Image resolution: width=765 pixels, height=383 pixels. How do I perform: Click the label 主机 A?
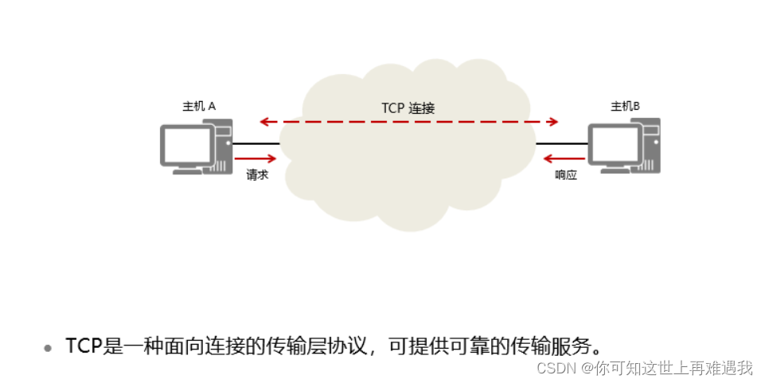199,106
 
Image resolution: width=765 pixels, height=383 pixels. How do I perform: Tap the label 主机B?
625,106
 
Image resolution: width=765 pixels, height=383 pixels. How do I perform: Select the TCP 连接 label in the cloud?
408,108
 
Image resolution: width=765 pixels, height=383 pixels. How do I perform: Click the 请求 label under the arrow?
256,174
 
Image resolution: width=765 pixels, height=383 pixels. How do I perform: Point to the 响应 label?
565,174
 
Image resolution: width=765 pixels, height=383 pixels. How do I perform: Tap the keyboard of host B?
618,170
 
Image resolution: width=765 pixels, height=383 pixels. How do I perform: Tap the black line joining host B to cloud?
562,144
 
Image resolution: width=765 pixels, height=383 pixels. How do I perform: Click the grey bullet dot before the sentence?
49,347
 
